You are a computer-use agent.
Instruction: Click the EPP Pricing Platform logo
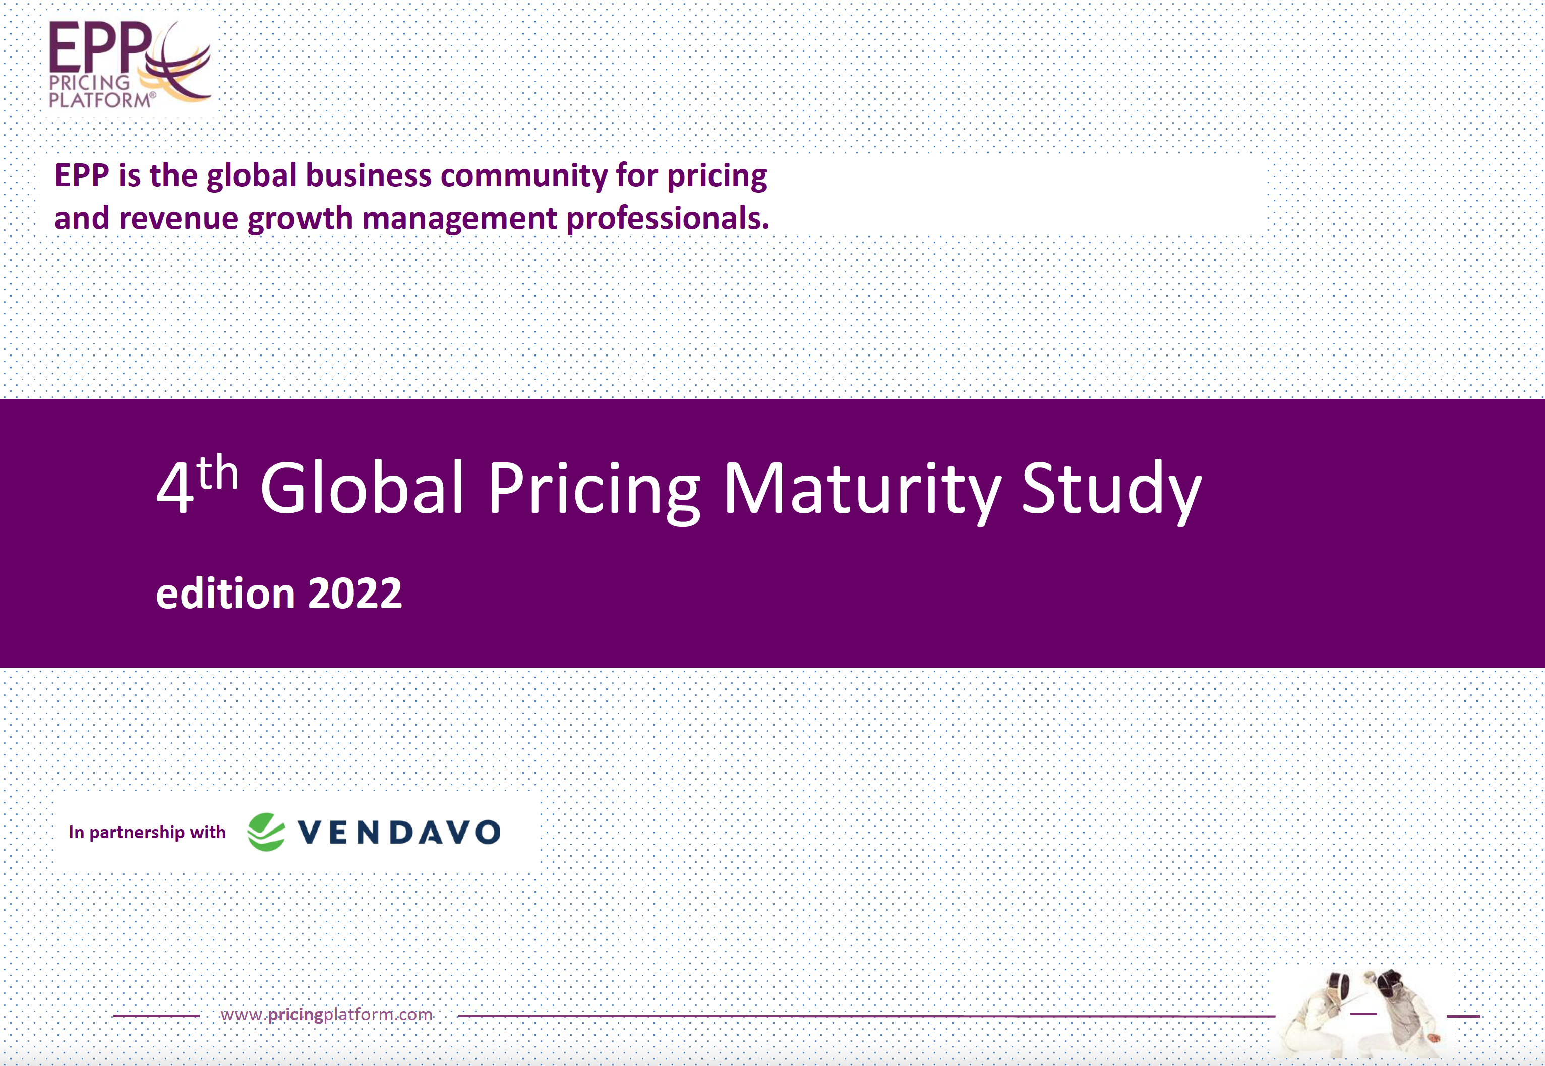point(130,64)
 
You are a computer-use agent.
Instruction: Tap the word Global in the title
point(362,488)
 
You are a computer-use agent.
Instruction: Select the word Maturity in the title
point(862,491)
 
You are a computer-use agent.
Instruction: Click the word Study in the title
point(1111,491)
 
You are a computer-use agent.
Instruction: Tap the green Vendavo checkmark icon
point(266,832)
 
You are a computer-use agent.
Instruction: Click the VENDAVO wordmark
point(399,832)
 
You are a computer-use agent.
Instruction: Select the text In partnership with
point(147,832)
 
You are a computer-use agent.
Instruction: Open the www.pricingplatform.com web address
point(327,1015)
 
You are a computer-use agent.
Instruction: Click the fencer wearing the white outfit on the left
point(1319,1015)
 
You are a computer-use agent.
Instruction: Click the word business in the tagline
point(369,175)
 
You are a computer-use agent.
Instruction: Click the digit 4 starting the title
point(175,488)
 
